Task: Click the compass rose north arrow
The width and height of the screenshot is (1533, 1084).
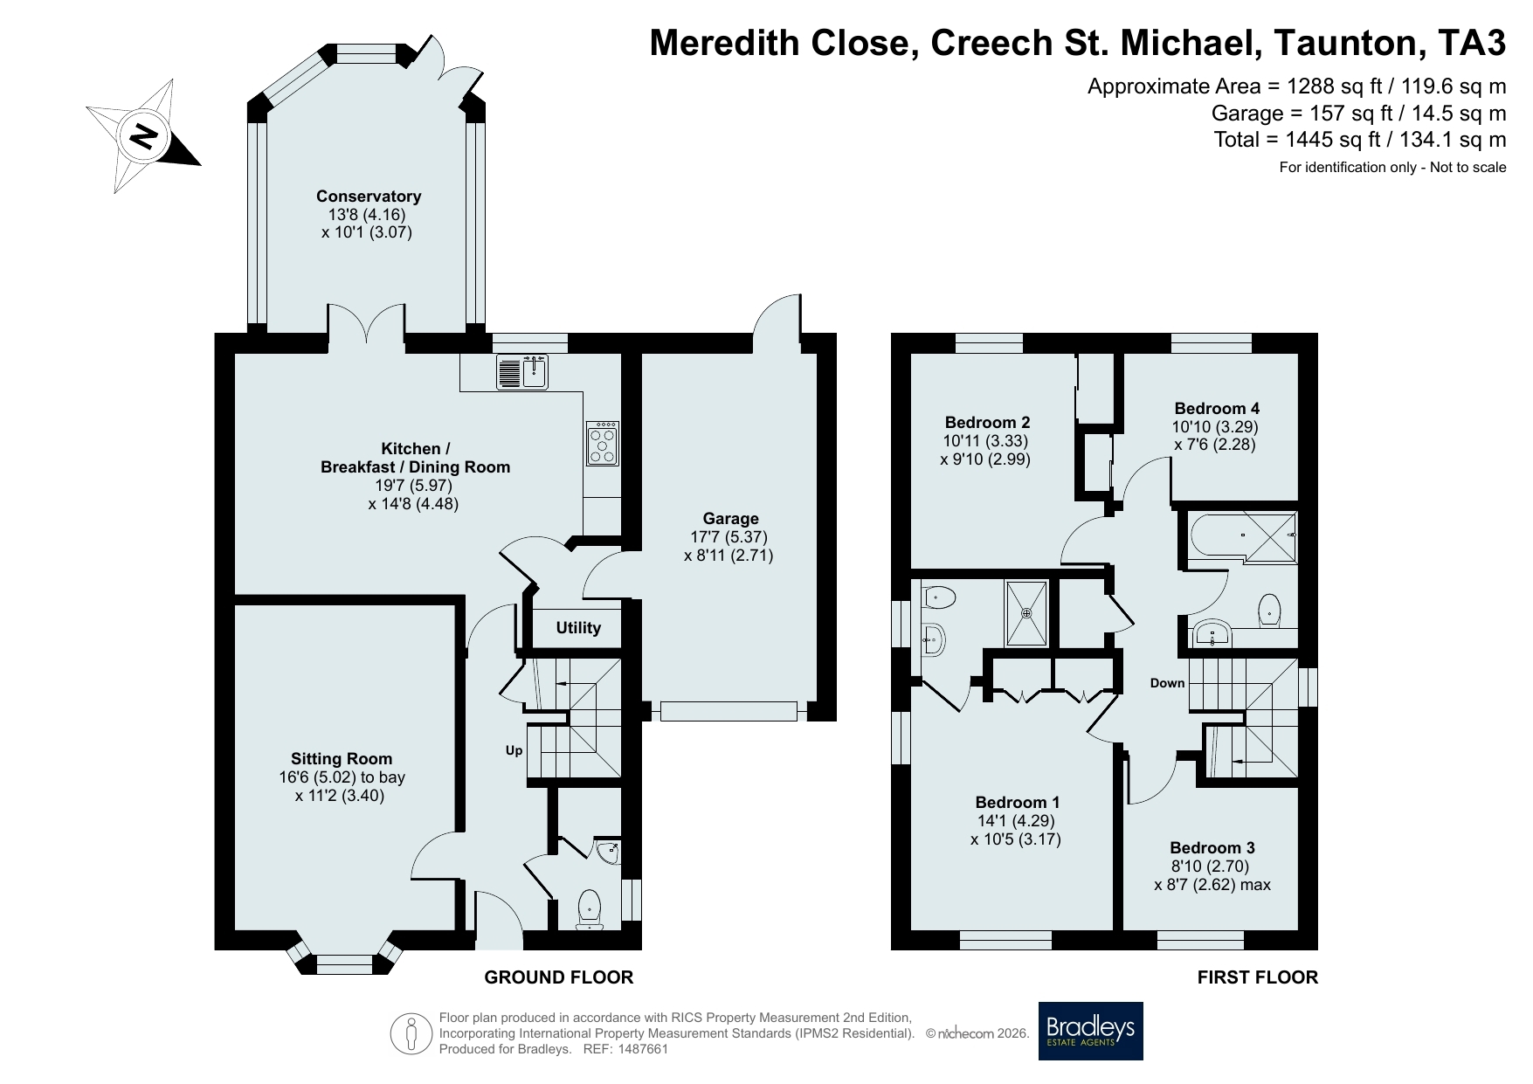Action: (x=144, y=135)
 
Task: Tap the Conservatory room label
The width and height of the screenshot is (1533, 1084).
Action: (x=369, y=197)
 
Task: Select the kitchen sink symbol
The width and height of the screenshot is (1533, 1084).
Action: (x=523, y=371)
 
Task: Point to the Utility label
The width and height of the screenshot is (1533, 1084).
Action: (x=578, y=628)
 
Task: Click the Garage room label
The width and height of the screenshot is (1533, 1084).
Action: (x=731, y=519)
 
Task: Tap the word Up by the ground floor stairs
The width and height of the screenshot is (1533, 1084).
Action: (x=514, y=750)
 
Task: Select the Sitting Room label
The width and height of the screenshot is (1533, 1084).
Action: (x=342, y=759)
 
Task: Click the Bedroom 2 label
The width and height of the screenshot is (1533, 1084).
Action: (x=986, y=423)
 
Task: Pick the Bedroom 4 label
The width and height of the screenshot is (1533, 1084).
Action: (x=1217, y=408)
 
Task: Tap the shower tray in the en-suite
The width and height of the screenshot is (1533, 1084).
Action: (x=1026, y=612)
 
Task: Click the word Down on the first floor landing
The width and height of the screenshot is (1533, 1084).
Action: (x=1167, y=683)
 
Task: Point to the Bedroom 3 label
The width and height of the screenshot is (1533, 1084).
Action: (x=1212, y=847)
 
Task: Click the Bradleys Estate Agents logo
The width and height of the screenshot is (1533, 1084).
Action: (x=1090, y=1031)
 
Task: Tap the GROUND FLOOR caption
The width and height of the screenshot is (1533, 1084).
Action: (x=559, y=977)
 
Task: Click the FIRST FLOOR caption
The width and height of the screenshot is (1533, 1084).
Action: (x=1258, y=977)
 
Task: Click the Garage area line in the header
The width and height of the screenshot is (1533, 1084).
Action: (x=1359, y=113)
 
